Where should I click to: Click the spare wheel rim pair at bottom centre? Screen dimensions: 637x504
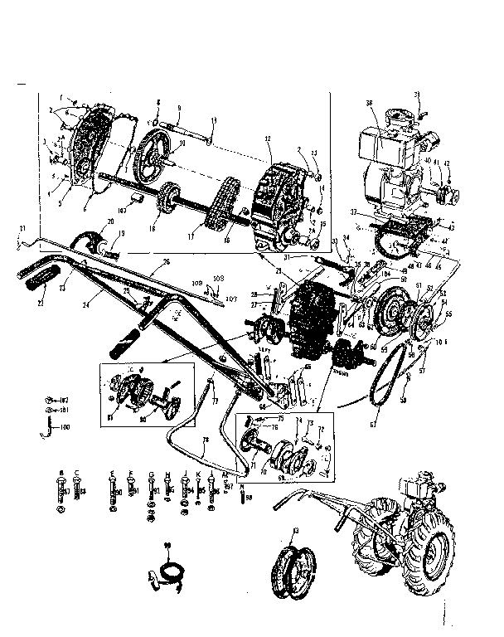(295, 567)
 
